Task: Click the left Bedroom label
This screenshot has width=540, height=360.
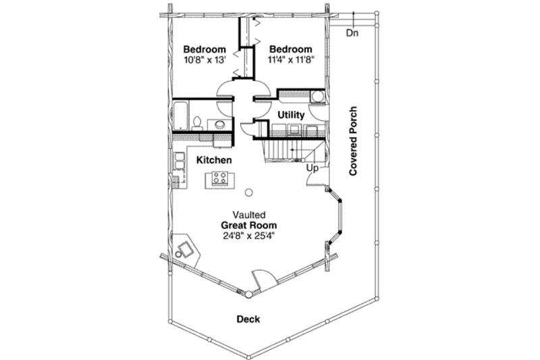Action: coord(204,49)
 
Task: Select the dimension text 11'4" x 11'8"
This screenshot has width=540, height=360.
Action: coord(291,59)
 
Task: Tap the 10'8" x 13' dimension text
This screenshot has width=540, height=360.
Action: coord(204,59)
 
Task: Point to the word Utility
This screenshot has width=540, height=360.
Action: coord(291,115)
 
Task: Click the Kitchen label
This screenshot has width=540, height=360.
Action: coord(215,161)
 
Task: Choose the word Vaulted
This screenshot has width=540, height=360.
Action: coord(250,214)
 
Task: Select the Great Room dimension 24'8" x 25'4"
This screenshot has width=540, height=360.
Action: coord(250,236)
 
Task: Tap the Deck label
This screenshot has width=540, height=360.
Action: coord(248,319)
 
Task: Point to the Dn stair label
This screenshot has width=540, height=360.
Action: coord(352,32)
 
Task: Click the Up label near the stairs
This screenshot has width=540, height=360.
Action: coord(312,167)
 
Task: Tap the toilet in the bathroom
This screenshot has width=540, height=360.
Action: coord(196,122)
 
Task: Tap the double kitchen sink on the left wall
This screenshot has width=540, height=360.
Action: coord(180,161)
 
